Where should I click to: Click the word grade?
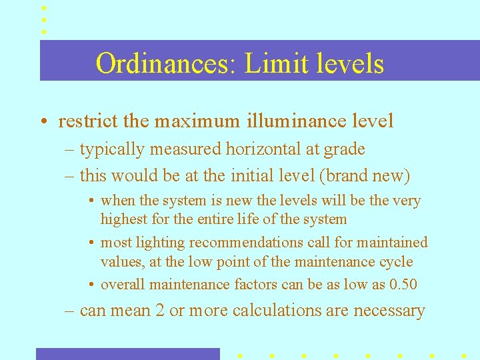343,149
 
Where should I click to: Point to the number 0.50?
403,285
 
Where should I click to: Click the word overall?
123,285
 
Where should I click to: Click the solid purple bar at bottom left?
127,354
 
